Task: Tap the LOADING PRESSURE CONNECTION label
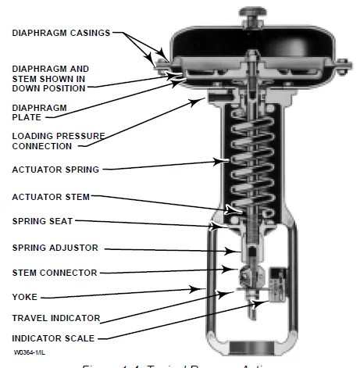click(58, 141)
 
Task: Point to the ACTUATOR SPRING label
click(55, 170)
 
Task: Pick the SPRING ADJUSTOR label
click(53, 248)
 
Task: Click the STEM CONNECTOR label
click(53, 273)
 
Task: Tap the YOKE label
click(24, 297)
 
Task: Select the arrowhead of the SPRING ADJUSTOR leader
click(233, 251)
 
